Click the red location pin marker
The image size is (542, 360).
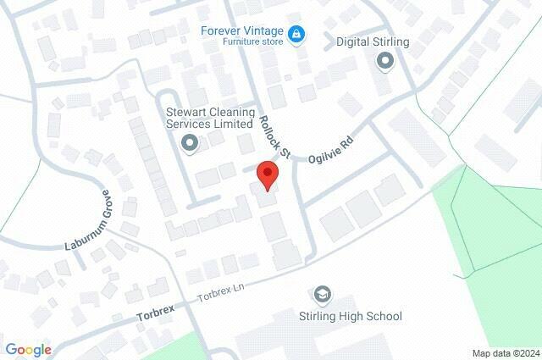tap(268, 175)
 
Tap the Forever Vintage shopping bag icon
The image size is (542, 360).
tap(296, 35)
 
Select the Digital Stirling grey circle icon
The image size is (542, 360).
tap(385, 60)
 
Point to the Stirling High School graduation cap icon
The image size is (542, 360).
tap(322, 294)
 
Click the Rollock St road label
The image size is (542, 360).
tap(275, 137)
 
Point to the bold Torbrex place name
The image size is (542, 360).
tap(155, 315)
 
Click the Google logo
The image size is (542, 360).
tap(28, 350)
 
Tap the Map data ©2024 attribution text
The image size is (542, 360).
tap(505, 353)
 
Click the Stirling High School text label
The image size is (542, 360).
tap(350, 317)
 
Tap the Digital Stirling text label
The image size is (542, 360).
tap(373, 42)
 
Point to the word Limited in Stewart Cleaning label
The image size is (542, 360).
tap(232, 124)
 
